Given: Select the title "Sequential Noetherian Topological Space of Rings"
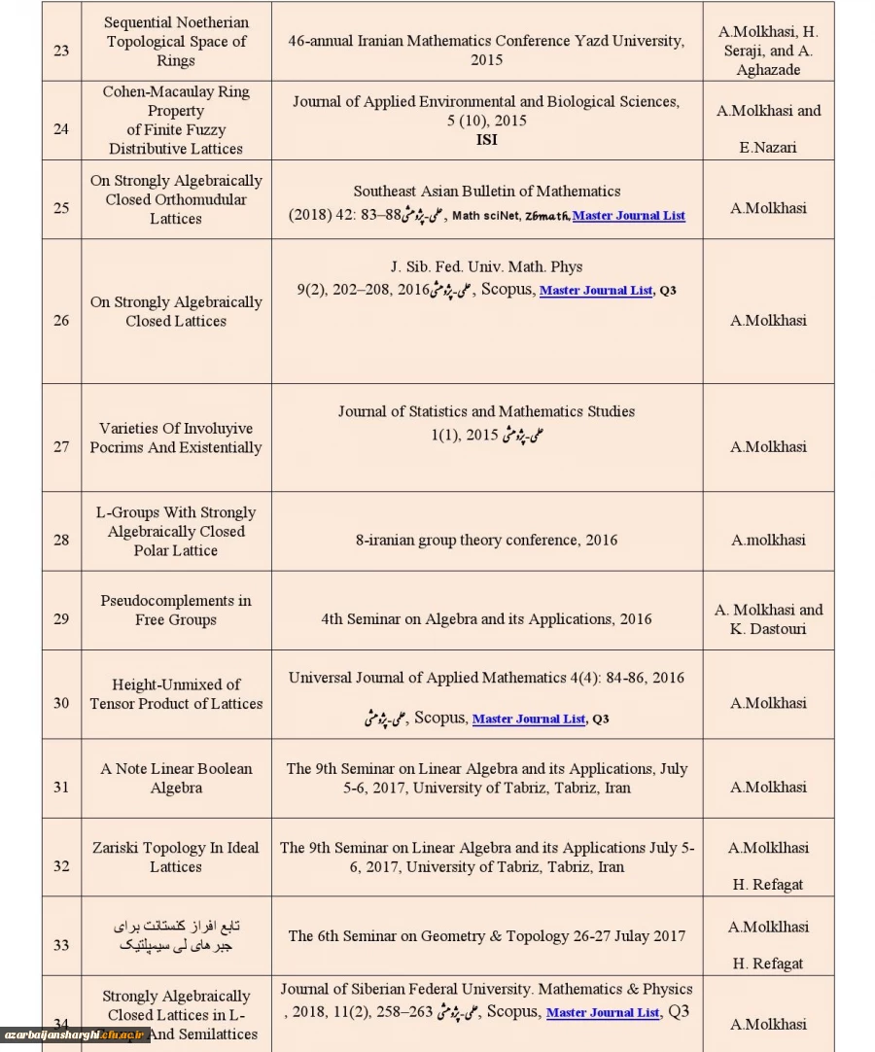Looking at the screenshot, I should [x=176, y=42].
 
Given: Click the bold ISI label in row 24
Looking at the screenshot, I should [x=486, y=140].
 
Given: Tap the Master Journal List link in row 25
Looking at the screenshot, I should [x=628, y=216].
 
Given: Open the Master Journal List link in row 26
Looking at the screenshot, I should [x=596, y=291].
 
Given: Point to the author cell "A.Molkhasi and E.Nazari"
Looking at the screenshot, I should [x=768, y=128].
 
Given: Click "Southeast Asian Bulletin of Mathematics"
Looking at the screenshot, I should [x=486, y=192].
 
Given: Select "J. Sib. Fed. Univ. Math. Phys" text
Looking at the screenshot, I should [x=486, y=266].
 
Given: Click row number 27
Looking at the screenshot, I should [x=61, y=447].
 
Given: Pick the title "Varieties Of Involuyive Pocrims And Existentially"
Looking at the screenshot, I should [x=176, y=438].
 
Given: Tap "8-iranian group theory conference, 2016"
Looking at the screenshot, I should [x=486, y=541].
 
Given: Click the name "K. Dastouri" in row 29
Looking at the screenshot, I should [x=768, y=629].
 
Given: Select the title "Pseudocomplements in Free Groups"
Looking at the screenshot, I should [x=176, y=610].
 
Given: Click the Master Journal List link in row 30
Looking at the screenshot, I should [x=529, y=719].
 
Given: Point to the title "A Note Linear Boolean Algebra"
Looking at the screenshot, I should [x=176, y=778].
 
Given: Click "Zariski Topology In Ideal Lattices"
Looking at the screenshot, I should [x=176, y=857].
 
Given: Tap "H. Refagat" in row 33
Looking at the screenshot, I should [x=768, y=964].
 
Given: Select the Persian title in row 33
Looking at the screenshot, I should [x=176, y=936].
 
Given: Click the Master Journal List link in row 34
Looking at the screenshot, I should [x=603, y=1013].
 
